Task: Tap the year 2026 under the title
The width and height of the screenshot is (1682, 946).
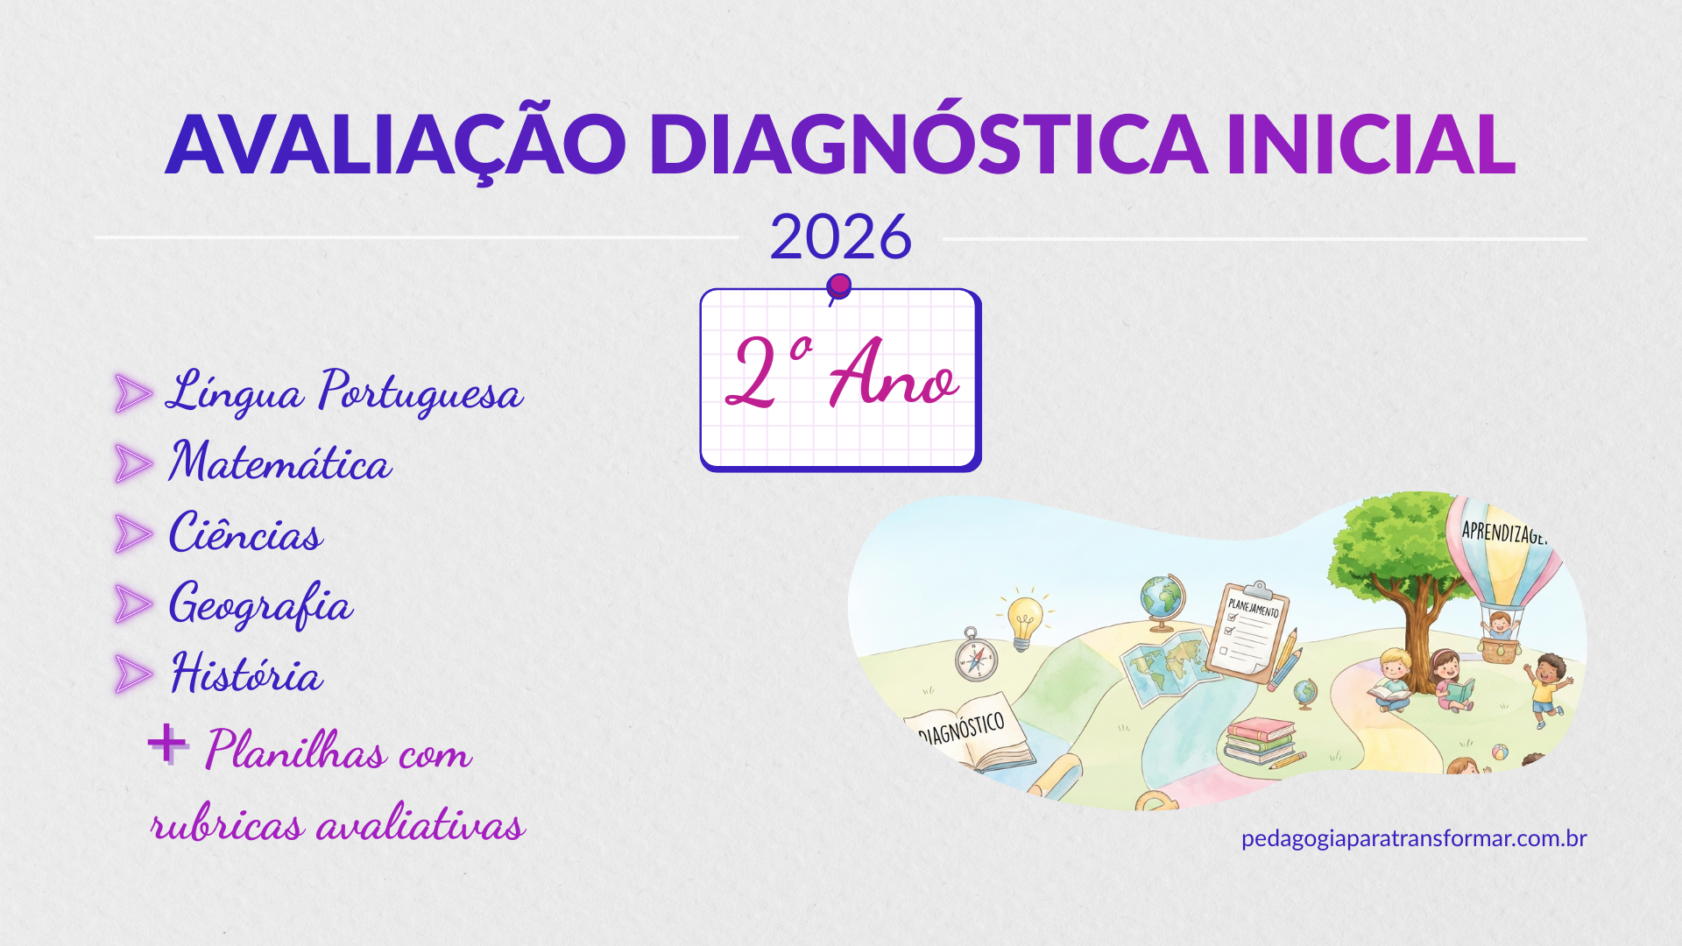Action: point(840,237)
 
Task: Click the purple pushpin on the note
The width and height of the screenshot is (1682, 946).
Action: point(839,286)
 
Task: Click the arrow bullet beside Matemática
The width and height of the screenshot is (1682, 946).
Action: point(133,463)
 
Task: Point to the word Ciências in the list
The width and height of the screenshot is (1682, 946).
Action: point(246,533)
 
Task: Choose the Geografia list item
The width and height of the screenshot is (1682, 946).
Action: point(260,604)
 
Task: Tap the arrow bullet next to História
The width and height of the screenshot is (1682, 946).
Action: point(133,674)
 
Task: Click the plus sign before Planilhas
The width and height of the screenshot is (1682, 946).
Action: point(166,745)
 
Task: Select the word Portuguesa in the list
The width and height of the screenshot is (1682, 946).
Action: point(420,392)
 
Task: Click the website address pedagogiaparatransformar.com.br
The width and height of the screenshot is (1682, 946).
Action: point(1413,838)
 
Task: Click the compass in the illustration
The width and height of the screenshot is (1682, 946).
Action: point(975,656)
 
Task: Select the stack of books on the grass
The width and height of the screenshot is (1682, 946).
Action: point(1260,741)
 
